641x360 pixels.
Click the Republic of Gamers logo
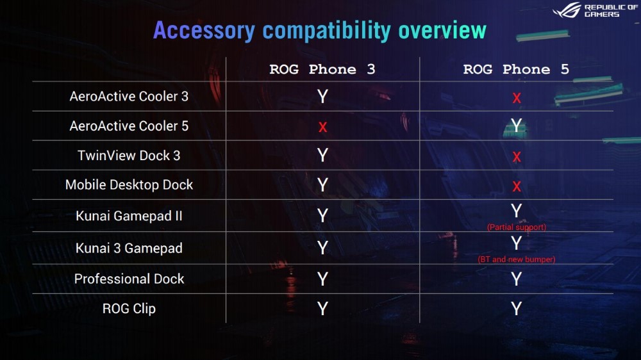pyautogui.click(x=595, y=10)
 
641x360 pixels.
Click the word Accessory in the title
pyautogui.click(x=204, y=31)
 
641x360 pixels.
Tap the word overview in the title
pyautogui.click(x=442, y=31)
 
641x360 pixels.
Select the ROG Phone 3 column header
pyautogui.click(x=322, y=69)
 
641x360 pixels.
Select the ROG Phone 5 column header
pyautogui.click(x=516, y=69)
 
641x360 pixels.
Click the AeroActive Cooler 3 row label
pyautogui.click(x=129, y=97)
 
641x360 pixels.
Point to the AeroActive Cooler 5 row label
pyautogui.click(x=129, y=126)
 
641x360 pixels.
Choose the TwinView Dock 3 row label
pyautogui.click(x=129, y=155)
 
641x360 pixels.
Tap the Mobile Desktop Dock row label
pyautogui.click(x=129, y=184)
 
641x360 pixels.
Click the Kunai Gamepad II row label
pyautogui.click(x=129, y=216)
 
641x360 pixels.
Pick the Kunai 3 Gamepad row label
pyautogui.click(x=129, y=248)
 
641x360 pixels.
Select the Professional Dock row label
pyautogui.click(x=129, y=279)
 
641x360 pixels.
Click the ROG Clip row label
pyautogui.click(x=129, y=309)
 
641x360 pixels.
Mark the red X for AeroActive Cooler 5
pyautogui.click(x=322, y=127)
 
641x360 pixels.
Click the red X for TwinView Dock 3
pyautogui.click(x=517, y=157)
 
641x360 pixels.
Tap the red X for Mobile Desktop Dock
pyautogui.click(x=517, y=187)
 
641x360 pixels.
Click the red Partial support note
pyautogui.click(x=516, y=227)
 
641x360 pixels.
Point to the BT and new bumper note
pyautogui.click(x=516, y=259)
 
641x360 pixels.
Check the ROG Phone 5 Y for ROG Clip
pyautogui.click(x=516, y=309)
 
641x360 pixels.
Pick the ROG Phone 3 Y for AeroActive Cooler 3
pyautogui.click(x=322, y=97)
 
